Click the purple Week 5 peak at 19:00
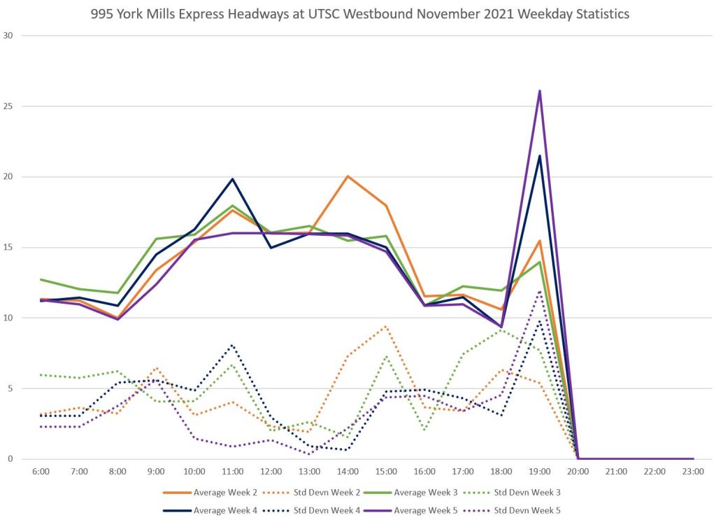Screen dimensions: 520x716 coord(540,91)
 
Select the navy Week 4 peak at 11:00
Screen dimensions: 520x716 coord(232,179)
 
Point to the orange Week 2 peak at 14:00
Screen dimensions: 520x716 coord(348,176)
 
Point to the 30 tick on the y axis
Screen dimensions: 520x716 coord(8,36)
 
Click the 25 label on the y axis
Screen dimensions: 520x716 coord(8,106)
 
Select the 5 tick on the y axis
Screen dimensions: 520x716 coord(10,388)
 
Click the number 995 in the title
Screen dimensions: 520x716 coord(103,14)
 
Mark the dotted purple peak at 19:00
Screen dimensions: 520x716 coord(540,291)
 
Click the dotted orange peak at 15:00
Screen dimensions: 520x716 coord(386,326)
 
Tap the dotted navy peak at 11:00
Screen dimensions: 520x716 coord(232,345)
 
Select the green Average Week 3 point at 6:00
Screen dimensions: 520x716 coord(41,279)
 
